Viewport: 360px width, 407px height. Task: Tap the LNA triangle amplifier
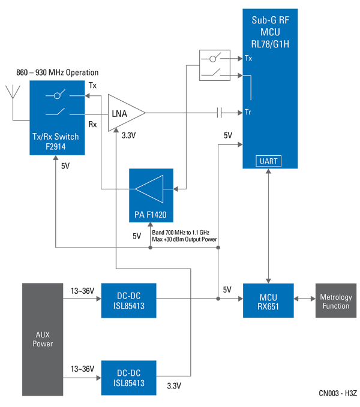(125, 113)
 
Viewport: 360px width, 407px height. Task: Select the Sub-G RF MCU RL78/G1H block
(270, 89)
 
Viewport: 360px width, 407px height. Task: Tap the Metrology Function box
(335, 302)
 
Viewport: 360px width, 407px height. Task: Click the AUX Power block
(43, 339)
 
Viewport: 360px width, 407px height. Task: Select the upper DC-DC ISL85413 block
(128, 300)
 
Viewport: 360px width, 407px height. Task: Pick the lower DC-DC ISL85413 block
(128, 378)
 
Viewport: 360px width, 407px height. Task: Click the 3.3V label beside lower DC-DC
(174, 385)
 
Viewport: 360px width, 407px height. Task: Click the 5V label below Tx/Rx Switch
(65, 166)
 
